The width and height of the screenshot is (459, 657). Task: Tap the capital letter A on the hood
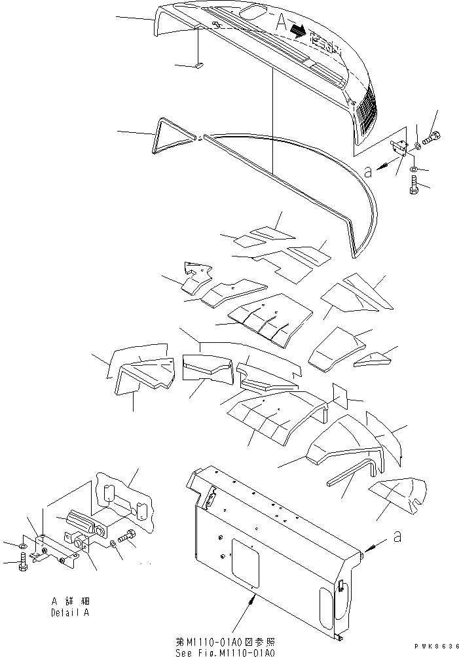[282, 24]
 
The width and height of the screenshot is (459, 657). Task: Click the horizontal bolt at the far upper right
[432, 137]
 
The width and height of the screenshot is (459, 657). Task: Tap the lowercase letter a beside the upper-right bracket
[368, 171]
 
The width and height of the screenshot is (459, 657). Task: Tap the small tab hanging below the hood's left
[200, 65]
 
